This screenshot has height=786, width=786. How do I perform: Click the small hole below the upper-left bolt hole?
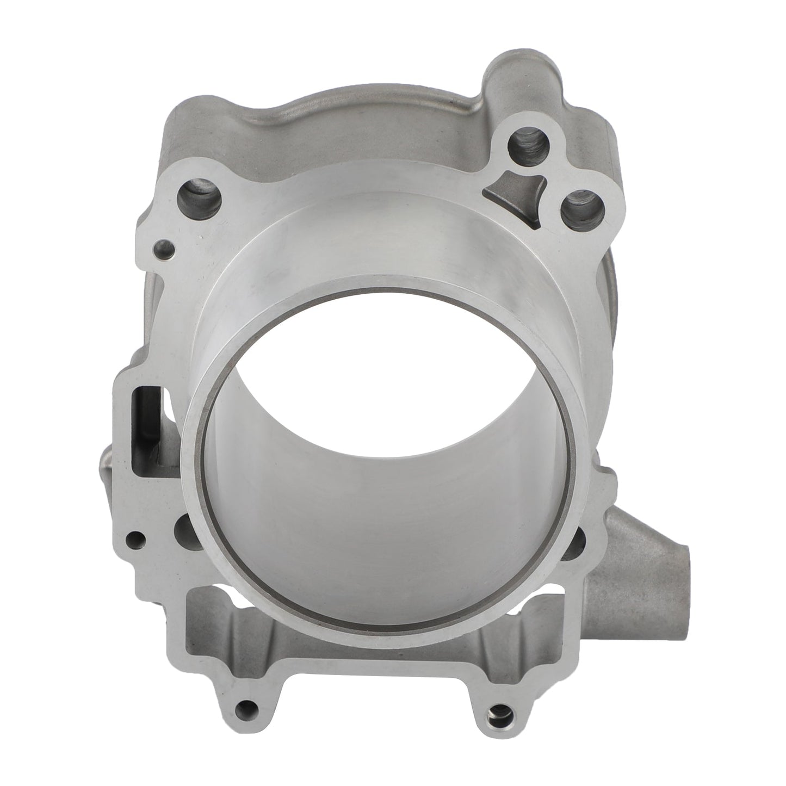(164, 250)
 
